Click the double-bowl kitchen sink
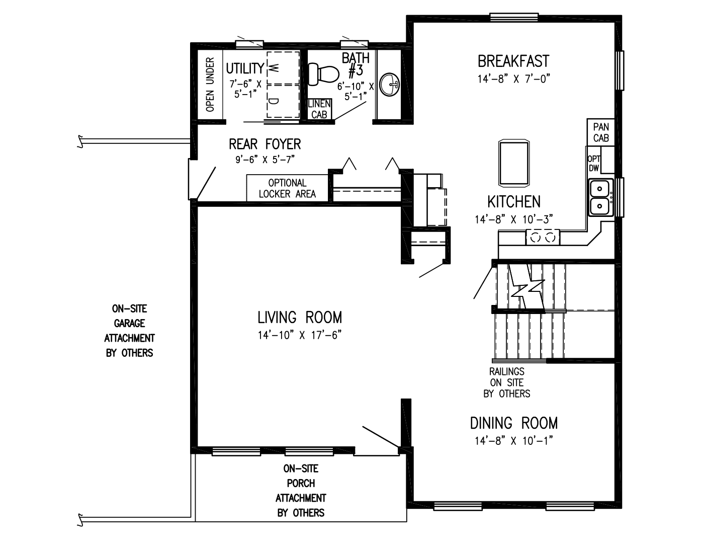[x=600, y=198]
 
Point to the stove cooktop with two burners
[x=543, y=237]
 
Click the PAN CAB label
[x=601, y=132]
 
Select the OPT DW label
[x=594, y=164]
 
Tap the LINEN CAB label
[x=319, y=109]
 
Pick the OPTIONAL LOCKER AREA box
[x=287, y=188]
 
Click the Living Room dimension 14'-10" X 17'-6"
[x=300, y=335]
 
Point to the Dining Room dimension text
[x=513, y=441]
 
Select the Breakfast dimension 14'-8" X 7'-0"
[x=513, y=79]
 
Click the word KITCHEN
[x=514, y=202]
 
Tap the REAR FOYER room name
[x=265, y=144]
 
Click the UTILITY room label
[x=245, y=68]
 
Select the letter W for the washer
[x=274, y=66]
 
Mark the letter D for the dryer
[x=274, y=101]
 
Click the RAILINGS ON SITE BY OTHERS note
[x=507, y=382]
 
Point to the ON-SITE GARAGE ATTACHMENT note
[x=129, y=331]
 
